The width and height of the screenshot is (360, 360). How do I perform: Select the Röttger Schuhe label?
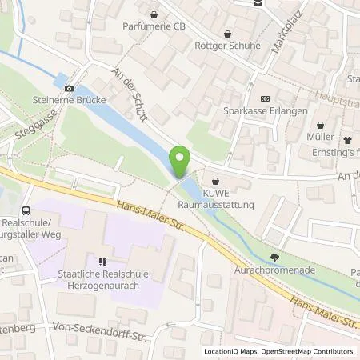pyautogui.click(x=228, y=46)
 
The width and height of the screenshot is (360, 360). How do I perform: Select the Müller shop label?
pyautogui.click(x=320, y=138)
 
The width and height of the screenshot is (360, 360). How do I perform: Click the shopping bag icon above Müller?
pyautogui.click(x=320, y=126)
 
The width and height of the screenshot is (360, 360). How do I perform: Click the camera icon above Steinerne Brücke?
pyautogui.click(x=70, y=88)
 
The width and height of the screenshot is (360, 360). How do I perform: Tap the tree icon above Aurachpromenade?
pyautogui.click(x=275, y=258)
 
